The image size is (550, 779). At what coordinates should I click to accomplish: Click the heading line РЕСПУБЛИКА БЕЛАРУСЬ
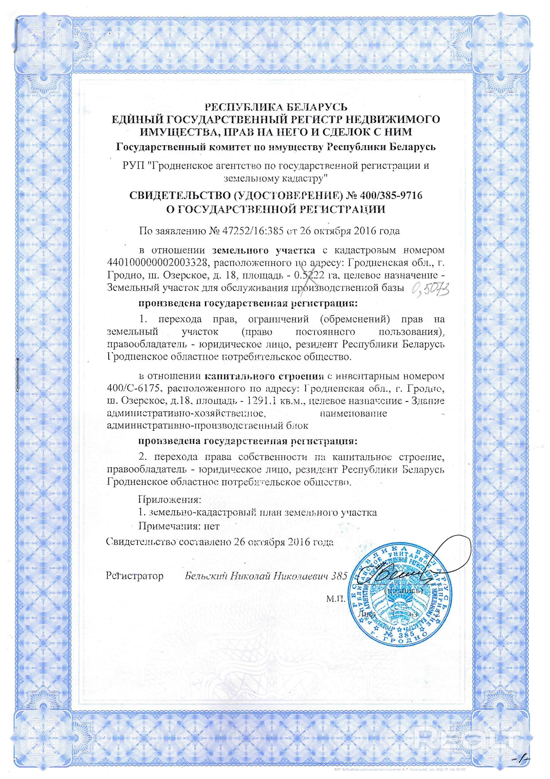275,107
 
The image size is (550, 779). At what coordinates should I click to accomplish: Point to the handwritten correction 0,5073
430,290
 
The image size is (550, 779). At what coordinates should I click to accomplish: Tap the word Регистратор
134,576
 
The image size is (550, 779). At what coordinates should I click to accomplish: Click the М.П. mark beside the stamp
336,599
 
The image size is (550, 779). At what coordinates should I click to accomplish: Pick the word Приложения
170,500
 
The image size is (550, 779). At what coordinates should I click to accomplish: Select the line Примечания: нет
179,526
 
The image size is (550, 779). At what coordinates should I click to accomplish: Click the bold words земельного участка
263,250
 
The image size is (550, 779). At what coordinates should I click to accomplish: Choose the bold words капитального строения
264,376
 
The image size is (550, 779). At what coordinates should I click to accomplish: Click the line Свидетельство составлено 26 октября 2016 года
220,542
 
